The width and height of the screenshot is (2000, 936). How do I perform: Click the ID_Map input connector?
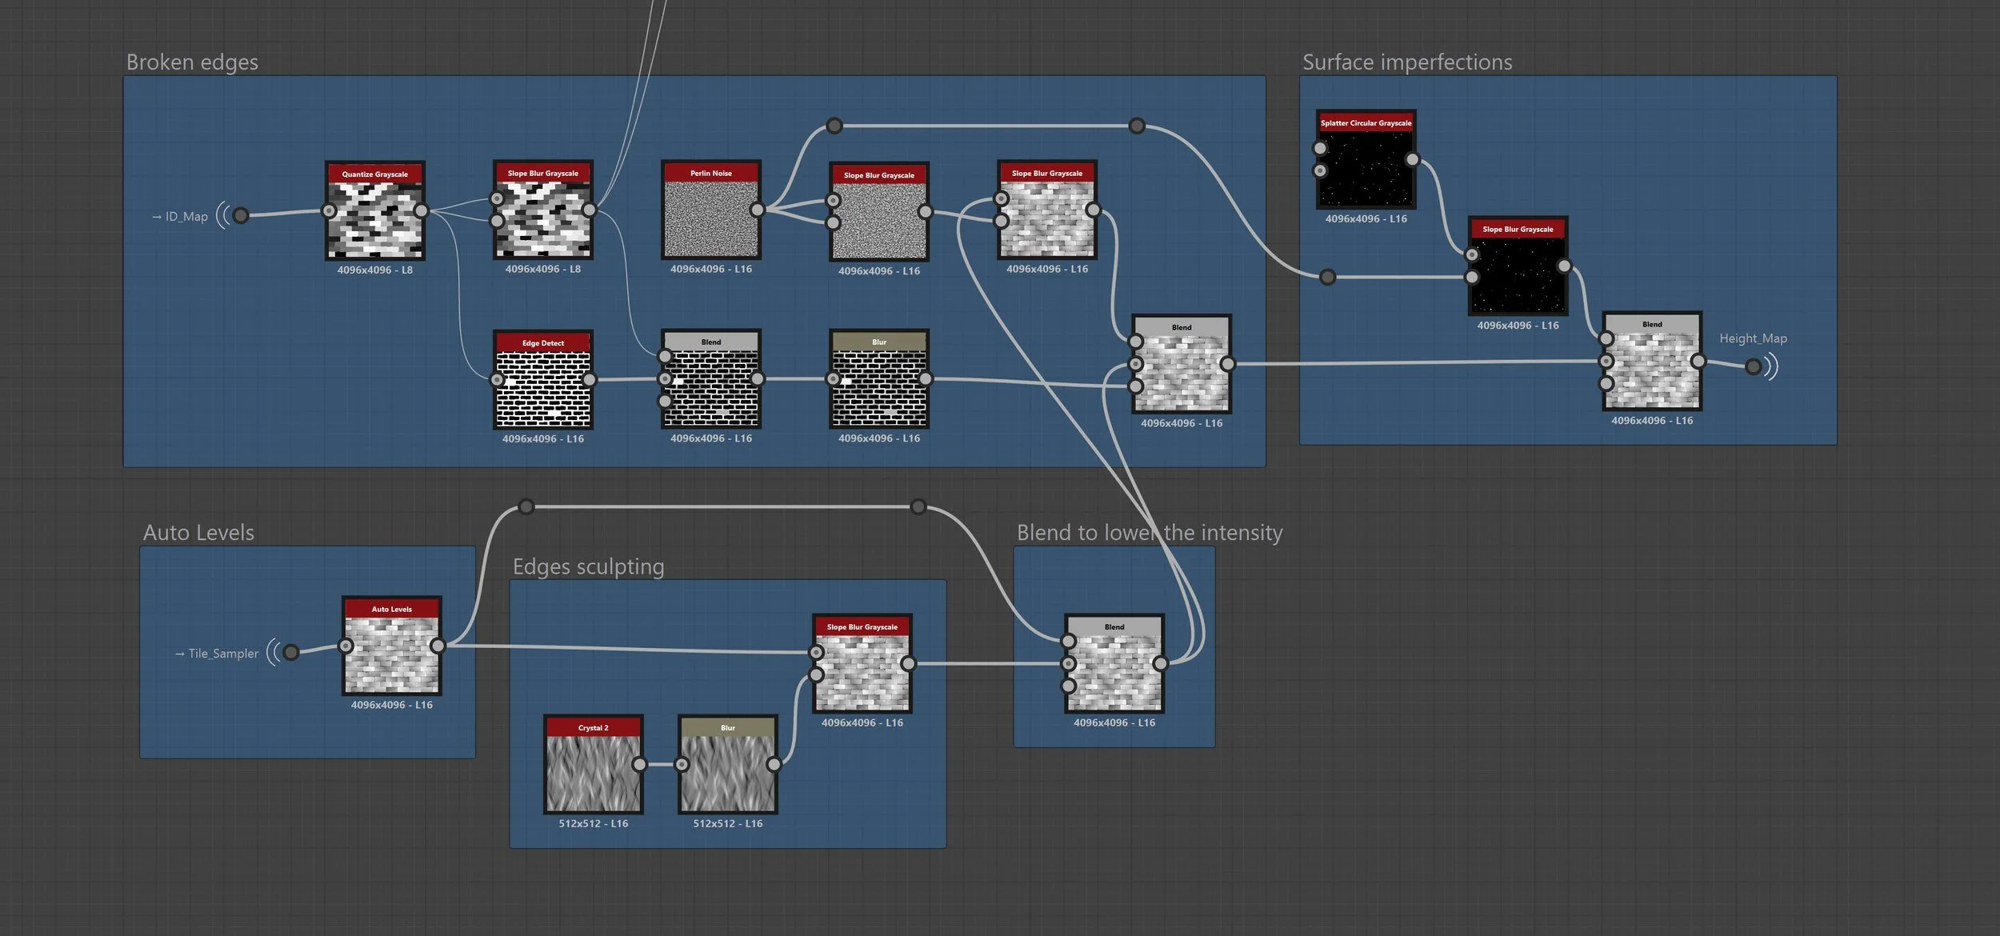240,215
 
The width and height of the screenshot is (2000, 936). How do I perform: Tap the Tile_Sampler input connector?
291,653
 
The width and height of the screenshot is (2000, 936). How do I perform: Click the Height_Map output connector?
1753,366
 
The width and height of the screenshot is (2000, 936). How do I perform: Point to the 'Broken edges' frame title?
192,62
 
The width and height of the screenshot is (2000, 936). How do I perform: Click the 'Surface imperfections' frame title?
1406,62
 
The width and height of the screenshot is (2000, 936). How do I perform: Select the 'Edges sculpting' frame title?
588,566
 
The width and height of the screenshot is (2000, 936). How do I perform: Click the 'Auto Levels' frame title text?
198,533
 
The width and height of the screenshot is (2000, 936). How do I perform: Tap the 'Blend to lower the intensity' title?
1149,533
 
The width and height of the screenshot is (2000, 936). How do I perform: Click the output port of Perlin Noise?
757,210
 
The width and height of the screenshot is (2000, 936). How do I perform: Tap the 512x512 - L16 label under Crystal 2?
593,824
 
